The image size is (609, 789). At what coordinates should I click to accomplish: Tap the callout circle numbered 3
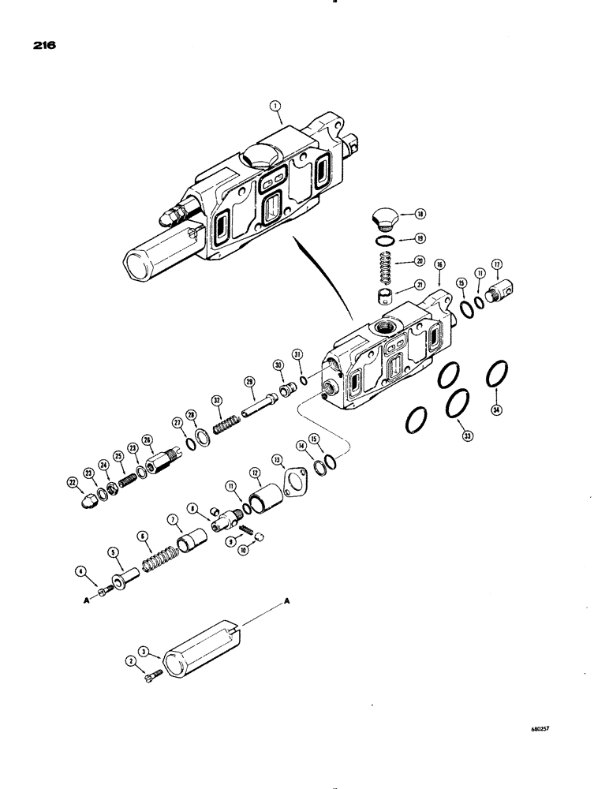(142, 651)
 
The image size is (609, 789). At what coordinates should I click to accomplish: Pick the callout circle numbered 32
(215, 401)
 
